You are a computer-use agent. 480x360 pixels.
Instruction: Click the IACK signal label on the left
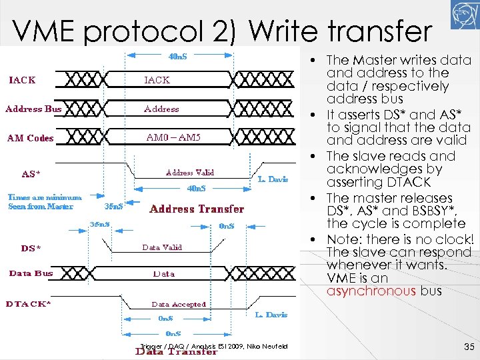coord(22,80)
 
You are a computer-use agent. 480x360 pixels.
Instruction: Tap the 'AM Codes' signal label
coord(30,138)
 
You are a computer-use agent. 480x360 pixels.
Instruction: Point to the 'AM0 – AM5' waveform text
coord(173,137)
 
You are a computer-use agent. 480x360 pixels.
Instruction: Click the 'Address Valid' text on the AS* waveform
coord(189,172)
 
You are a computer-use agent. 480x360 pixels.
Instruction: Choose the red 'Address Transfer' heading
coord(197,209)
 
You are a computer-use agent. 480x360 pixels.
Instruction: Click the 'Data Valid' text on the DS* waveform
coord(161,247)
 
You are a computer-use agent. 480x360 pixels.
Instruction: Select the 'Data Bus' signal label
coord(31,273)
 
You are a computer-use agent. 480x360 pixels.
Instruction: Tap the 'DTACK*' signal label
coord(29,303)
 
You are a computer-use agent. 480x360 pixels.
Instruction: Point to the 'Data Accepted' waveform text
coord(179,304)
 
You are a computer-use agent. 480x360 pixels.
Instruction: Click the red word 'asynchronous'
coord(371,291)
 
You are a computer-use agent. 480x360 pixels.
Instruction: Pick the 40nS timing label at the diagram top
coord(177,56)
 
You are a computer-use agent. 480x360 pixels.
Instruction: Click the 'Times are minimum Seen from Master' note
coord(45,201)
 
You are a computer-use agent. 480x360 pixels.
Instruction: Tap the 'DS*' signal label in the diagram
coord(31,248)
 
